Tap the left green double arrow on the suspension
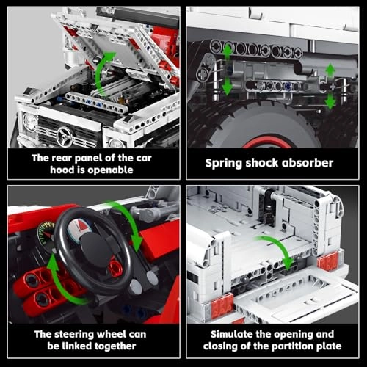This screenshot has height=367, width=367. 228,67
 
